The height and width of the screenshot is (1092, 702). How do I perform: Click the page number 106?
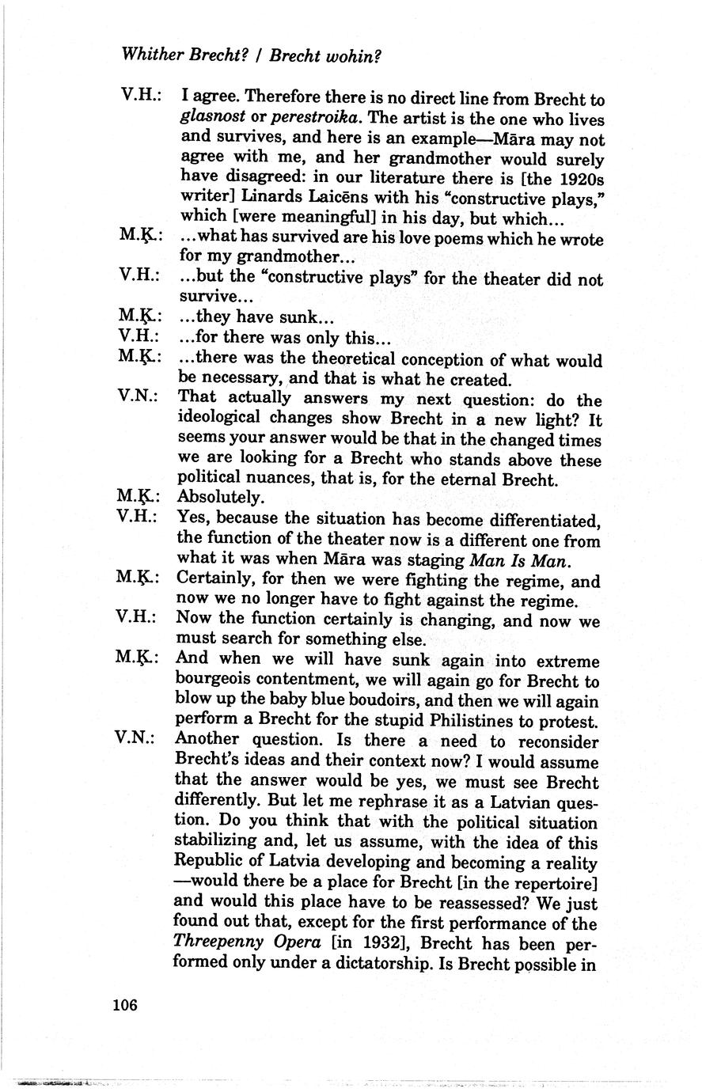(x=125, y=1005)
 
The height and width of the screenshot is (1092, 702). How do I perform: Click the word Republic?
(x=212, y=863)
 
